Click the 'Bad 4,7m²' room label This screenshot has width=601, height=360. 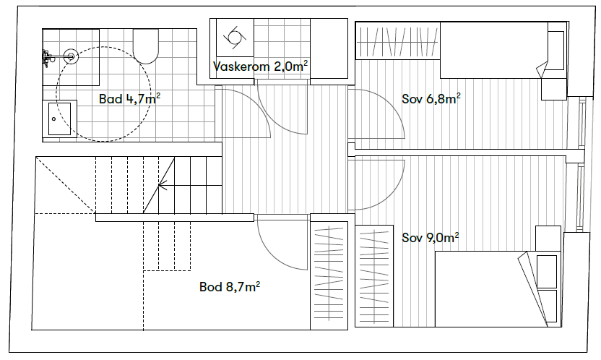(x=129, y=99)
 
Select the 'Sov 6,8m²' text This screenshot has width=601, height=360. (x=431, y=99)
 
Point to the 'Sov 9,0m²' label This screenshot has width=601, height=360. (x=431, y=237)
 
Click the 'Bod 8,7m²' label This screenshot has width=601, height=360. (x=230, y=287)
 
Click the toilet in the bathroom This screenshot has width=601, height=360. (x=147, y=46)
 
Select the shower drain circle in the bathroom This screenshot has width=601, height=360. (x=71, y=55)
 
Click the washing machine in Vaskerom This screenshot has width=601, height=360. (x=235, y=38)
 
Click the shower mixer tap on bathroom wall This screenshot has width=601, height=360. (x=47, y=55)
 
